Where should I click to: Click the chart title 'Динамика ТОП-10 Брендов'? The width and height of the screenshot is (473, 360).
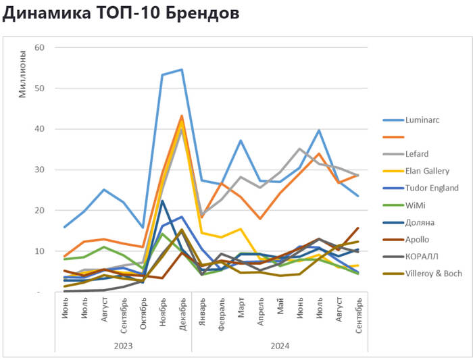pyautogui.click(x=121, y=13)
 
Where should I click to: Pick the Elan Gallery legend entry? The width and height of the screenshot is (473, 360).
pyautogui.click(x=428, y=171)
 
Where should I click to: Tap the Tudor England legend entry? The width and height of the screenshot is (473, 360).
pyautogui.click(x=431, y=188)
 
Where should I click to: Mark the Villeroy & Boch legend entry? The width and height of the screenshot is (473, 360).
pyautogui.click(x=433, y=274)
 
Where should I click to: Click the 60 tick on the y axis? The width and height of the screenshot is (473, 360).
pyautogui.click(x=39, y=47)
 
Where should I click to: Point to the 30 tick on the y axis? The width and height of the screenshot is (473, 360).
pyautogui.click(x=39, y=170)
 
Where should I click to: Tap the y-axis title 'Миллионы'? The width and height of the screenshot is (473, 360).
pyautogui.click(x=22, y=74)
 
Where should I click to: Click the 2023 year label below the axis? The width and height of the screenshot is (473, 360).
pyautogui.click(x=123, y=345)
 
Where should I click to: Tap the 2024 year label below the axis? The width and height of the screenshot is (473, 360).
pyautogui.click(x=280, y=345)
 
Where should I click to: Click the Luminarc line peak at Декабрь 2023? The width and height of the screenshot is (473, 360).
pyautogui.click(x=182, y=70)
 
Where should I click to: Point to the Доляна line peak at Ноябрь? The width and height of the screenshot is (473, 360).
pyautogui.click(x=162, y=201)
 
